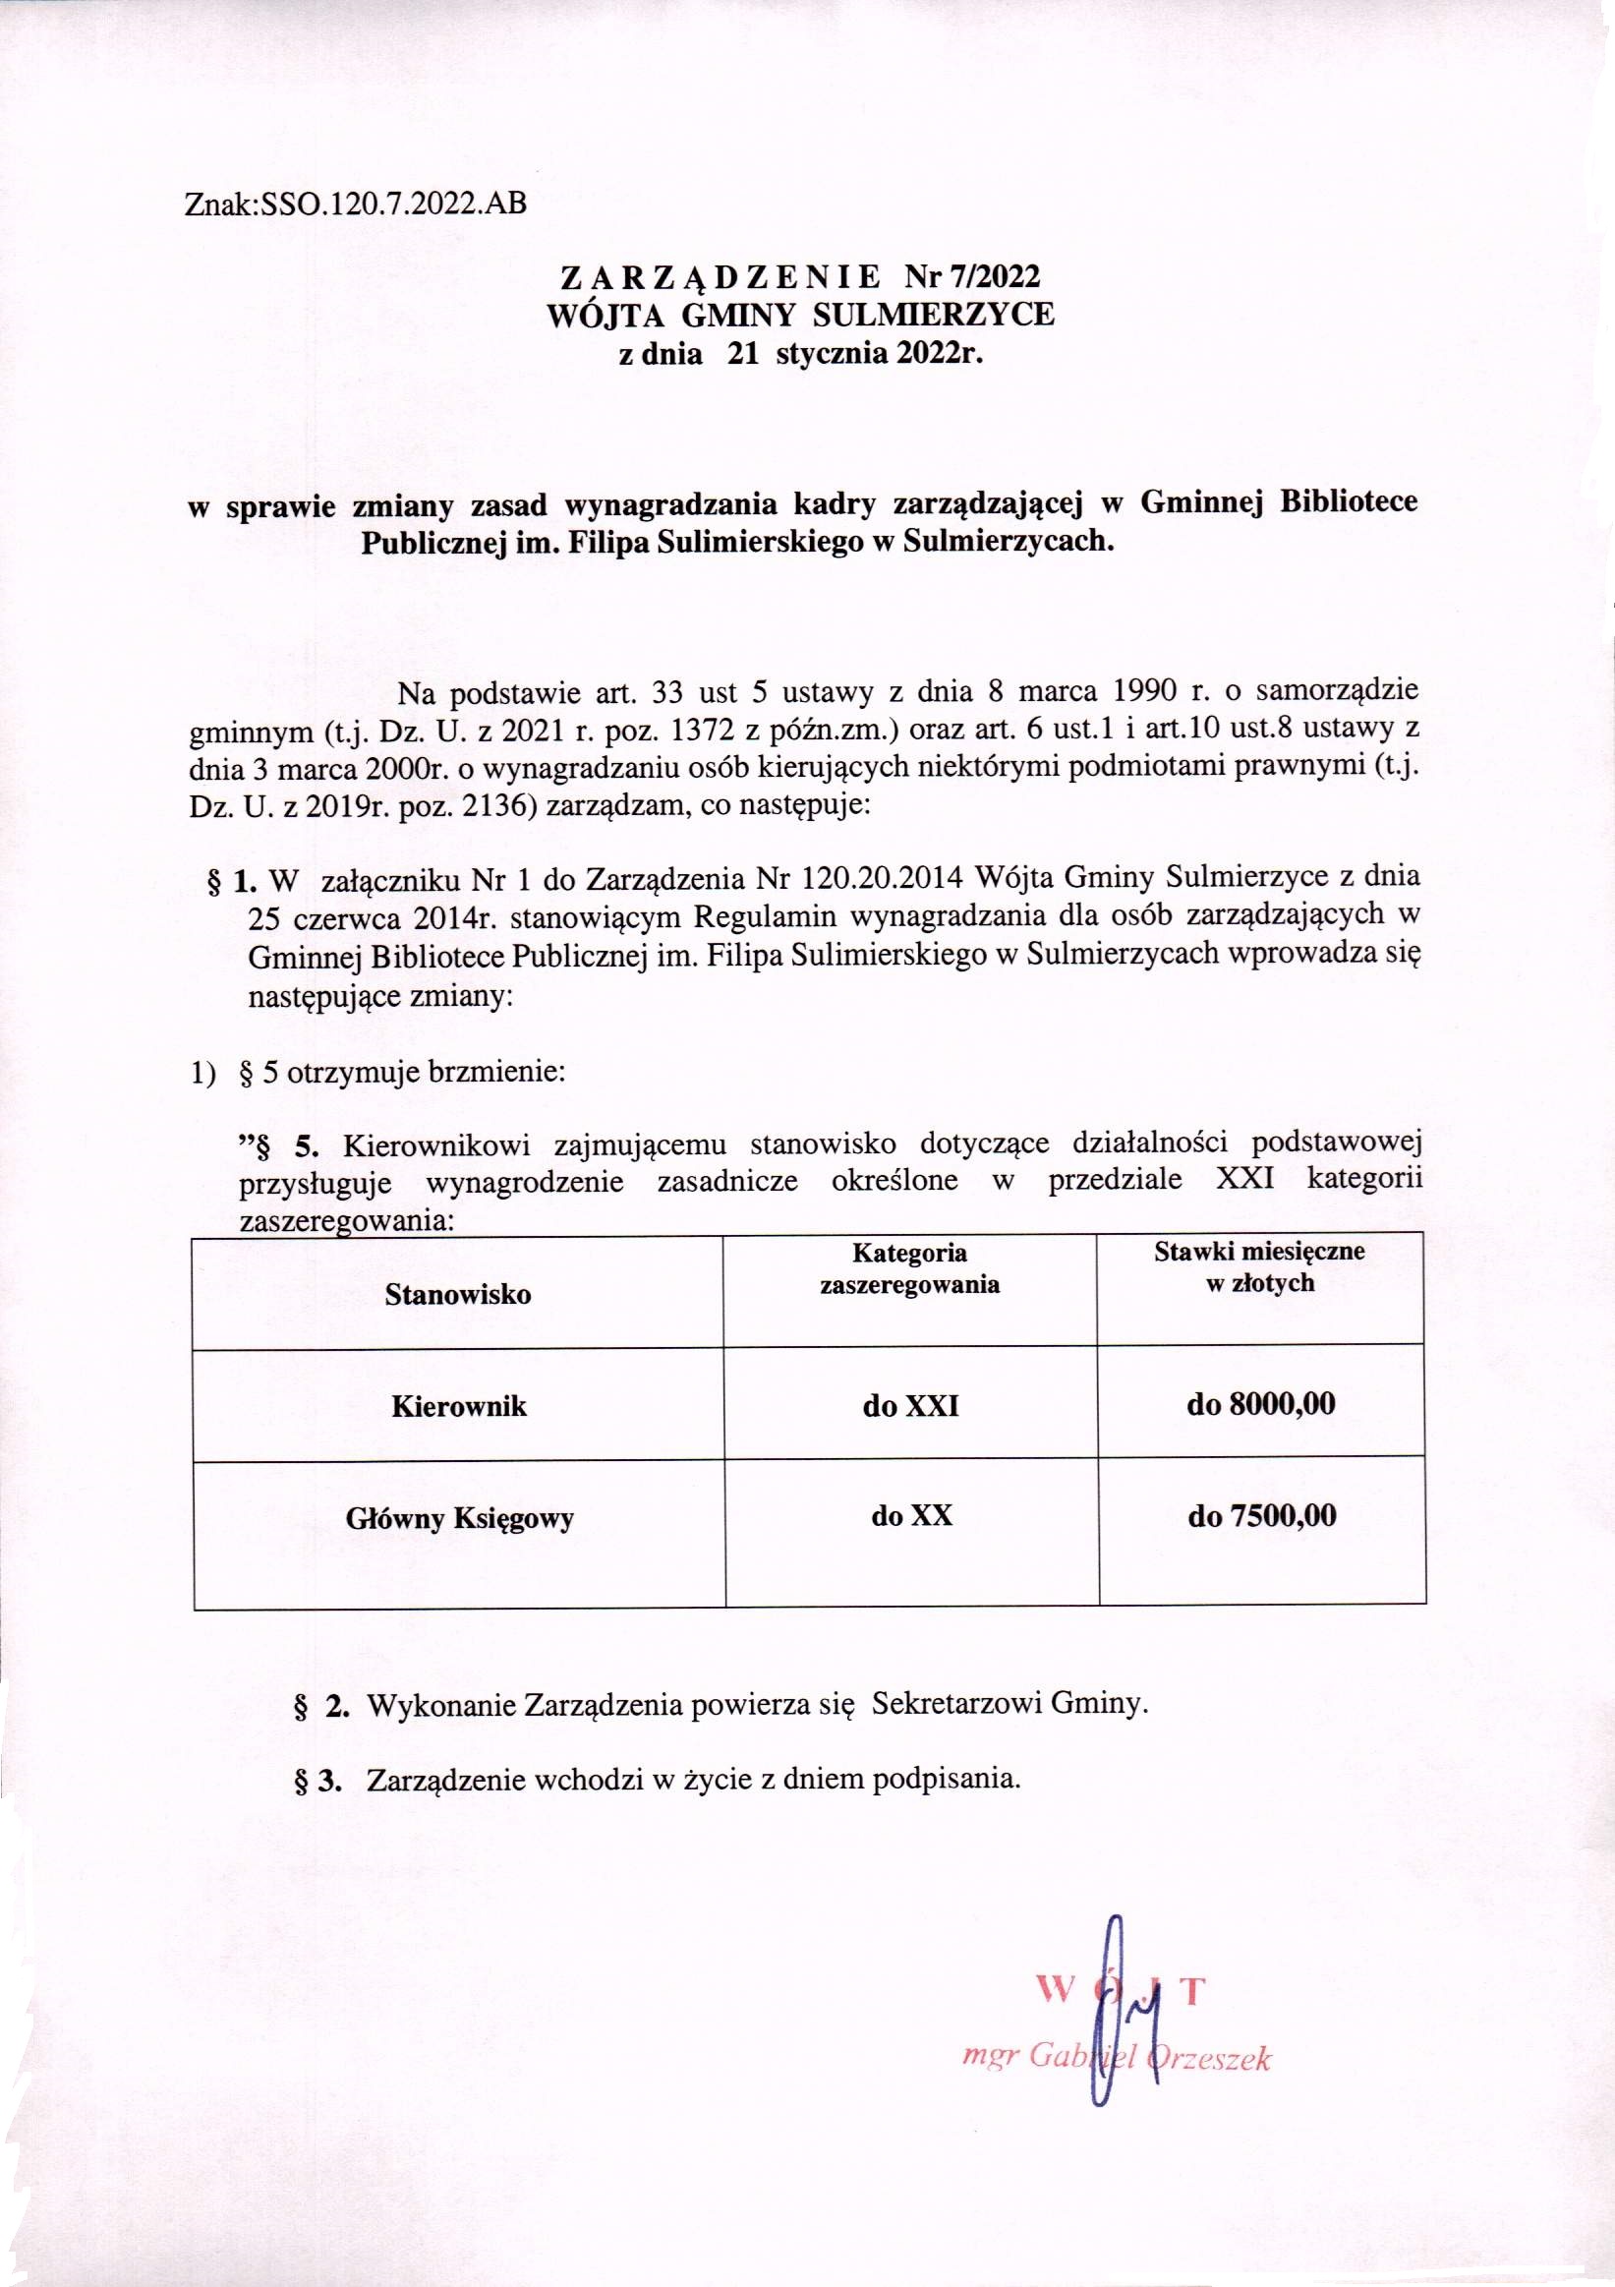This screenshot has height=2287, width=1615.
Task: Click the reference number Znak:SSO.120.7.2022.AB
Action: pos(356,205)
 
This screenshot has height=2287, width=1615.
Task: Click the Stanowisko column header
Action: pos(458,1295)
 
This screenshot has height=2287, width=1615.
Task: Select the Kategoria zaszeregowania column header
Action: pos(909,1268)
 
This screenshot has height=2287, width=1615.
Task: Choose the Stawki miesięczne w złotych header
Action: pos(1259,1266)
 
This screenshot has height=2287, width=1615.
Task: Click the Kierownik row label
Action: pos(459,1406)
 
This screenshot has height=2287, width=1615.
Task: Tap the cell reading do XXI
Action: pos(911,1405)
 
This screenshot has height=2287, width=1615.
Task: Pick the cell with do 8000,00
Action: pos(1260,1404)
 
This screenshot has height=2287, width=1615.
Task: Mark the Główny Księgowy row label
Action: pos(459,1518)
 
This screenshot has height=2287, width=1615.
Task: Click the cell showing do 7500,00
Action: pos(1261,1516)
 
